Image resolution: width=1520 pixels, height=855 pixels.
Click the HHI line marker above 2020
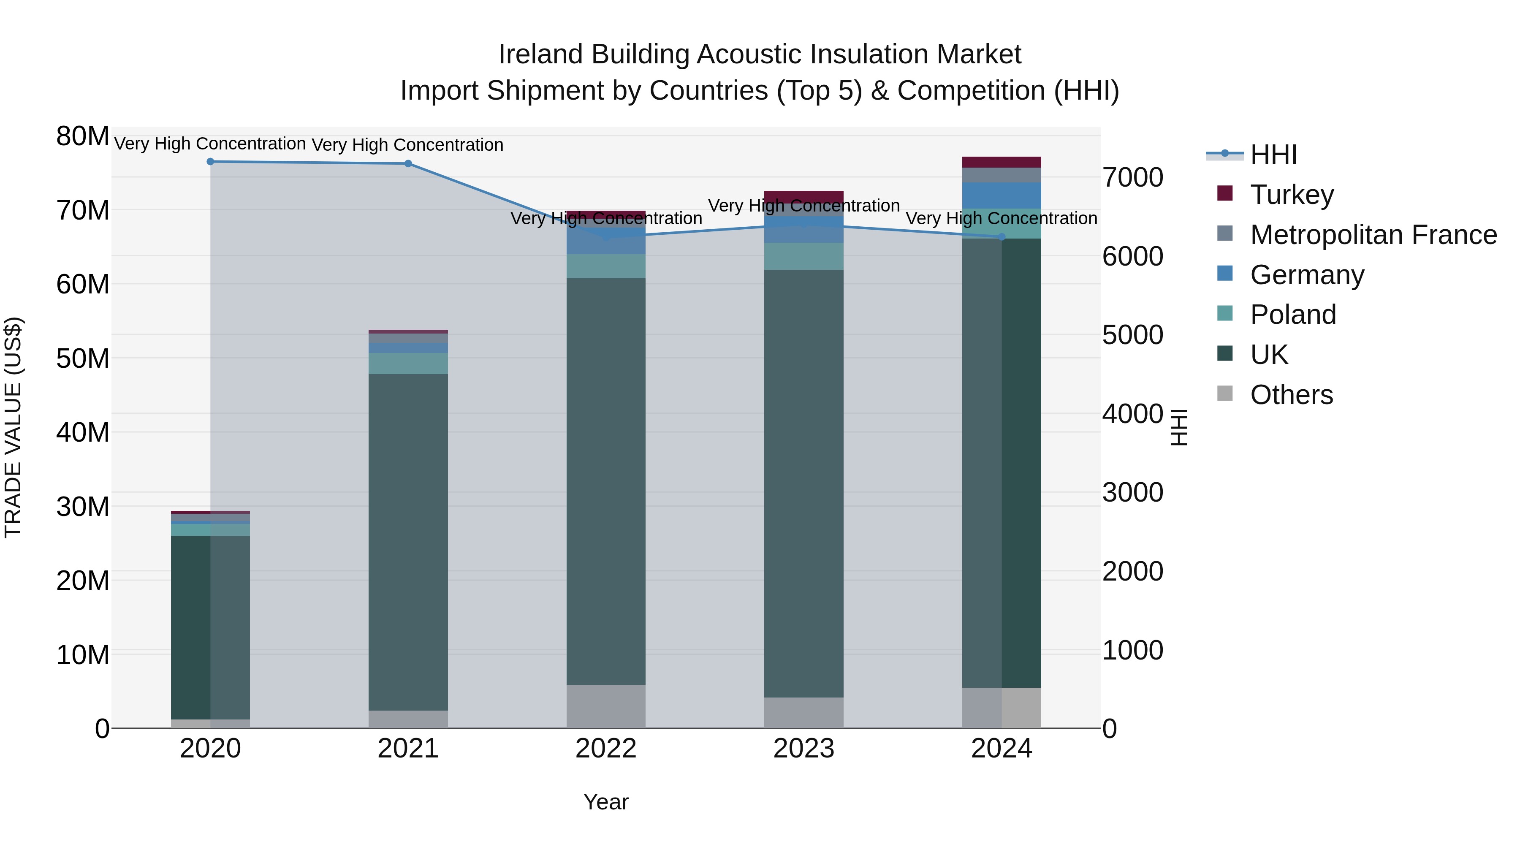coord(210,161)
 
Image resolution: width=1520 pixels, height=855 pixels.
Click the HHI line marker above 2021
coord(408,163)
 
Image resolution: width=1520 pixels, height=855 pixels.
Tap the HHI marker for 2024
coord(1002,236)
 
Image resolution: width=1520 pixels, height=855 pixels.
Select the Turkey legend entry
coord(1291,194)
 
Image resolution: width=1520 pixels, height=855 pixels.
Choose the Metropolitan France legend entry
coord(1373,234)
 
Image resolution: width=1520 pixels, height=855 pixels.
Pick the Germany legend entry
coord(1306,274)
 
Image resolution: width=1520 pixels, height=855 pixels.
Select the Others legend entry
coord(1291,394)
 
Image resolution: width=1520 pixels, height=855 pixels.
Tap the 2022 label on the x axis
coord(605,749)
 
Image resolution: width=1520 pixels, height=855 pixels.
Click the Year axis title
coord(605,802)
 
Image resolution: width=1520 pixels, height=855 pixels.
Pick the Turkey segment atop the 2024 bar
coord(1002,162)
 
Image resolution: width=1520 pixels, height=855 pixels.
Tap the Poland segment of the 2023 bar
coord(803,256)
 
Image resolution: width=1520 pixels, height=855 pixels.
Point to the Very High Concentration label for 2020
coord(210,144)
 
